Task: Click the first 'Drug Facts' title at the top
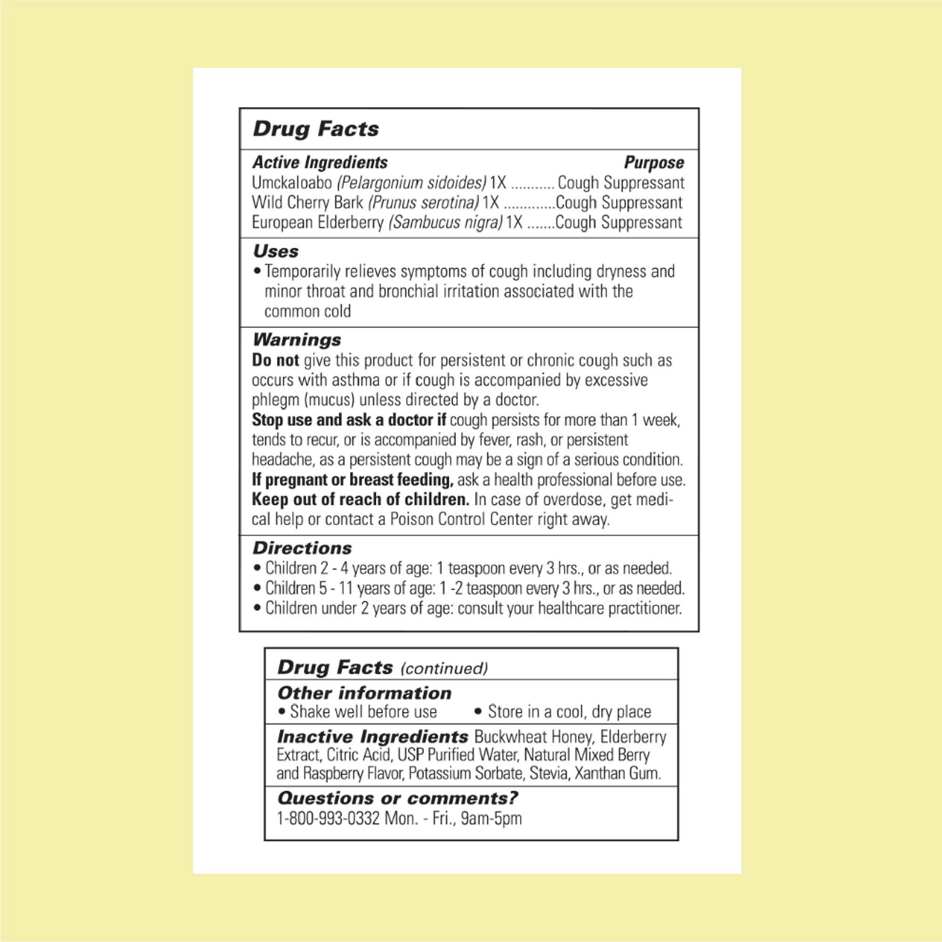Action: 316,129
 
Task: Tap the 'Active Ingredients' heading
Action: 320,162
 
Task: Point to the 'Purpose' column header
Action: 654,162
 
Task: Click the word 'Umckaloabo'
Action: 292,183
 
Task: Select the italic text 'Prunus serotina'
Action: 423,203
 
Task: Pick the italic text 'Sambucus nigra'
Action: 445,222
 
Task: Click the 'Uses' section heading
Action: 276,252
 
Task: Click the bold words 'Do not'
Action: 275,360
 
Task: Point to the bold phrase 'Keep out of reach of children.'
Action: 360,500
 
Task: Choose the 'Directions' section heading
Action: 302,548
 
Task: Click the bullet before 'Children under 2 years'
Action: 258,609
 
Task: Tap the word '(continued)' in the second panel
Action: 444,668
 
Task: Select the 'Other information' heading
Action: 364,693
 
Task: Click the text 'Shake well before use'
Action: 363,712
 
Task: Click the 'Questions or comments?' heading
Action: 398,798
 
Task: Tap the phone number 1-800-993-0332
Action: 328,818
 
